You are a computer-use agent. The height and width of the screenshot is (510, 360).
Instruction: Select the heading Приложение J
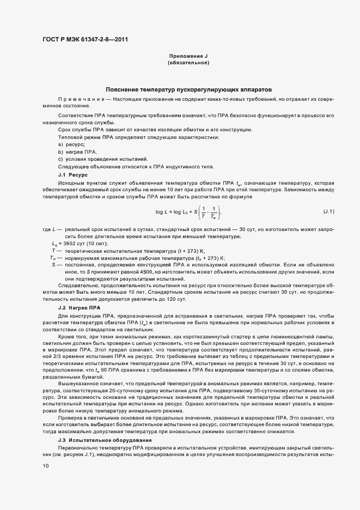[188, 57]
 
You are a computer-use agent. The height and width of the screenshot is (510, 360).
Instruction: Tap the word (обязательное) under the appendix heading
[188, 63]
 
